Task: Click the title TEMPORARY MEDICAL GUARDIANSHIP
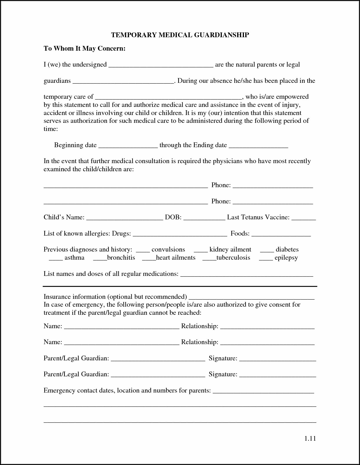click(180, 35)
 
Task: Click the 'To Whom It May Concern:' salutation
click(84, 49)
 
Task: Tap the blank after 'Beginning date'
click(128, 146)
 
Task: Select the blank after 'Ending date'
click(258, 146)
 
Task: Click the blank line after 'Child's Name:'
click(124, 218)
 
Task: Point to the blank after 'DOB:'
click(204, 218)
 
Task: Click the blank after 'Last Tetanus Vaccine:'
click(303, 218)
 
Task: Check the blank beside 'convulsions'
click(143, 251)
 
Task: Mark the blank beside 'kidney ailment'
click(201, 251)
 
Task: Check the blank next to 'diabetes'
click(267, 251)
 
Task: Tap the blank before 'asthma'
click(56, 259)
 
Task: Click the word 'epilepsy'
click(286, 258)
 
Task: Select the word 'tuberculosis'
click(233, 258)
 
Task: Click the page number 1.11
click(310, 438)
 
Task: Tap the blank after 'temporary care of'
click(169, 98)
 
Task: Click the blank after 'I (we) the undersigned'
click(161, 65)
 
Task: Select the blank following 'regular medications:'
click(247, 275)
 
